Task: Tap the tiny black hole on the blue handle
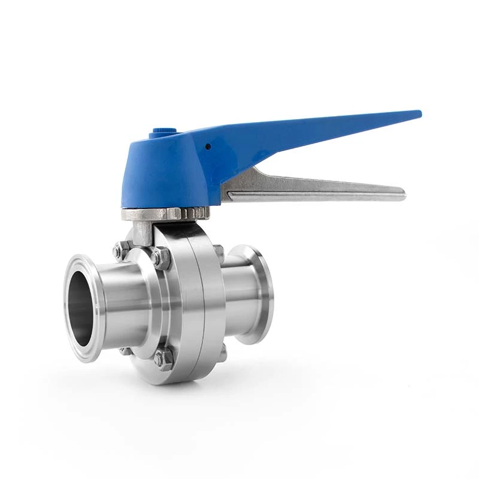207,145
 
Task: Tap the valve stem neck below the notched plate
144,231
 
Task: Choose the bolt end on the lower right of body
222,353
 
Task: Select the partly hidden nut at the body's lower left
125,350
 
